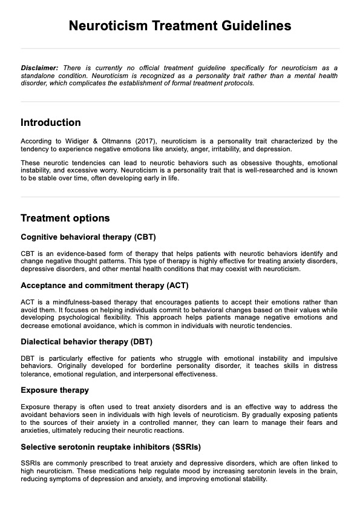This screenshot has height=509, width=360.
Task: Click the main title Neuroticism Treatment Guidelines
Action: tap(180, 25)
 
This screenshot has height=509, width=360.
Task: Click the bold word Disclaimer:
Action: tap(39, 67)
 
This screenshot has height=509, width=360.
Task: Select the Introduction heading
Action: tap(51, 122)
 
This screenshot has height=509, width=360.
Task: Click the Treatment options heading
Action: tap(65, 218)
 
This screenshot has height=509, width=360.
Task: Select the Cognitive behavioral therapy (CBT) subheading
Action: tap(88, 237)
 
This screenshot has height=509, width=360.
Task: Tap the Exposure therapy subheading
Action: tap(54, 390)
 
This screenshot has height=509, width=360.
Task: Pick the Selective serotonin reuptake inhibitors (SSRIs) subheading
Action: tap(111, 447)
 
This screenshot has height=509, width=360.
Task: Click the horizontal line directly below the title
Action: tap(180, 48)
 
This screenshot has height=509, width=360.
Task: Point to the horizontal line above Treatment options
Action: tap(180, 197)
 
